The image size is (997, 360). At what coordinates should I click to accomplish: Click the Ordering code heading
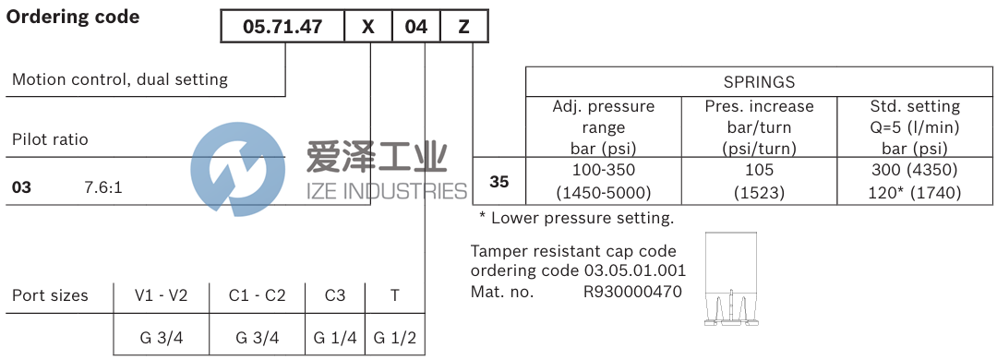tap(74, 17)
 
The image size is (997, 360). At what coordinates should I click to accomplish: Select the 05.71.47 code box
tap(282, 27)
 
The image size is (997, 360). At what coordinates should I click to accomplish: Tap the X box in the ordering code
tap(368, 27)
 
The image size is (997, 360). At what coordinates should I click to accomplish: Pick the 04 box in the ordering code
tap(416, 27)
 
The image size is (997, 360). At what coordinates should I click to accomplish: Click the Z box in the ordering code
tap(463, 27)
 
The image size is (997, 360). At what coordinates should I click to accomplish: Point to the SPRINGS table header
tap(760, 82)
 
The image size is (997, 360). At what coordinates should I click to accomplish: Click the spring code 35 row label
tap(498, 182)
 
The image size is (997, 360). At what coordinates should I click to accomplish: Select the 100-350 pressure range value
tap(604, 170)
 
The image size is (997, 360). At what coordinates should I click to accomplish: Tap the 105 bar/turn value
tap(759, 170)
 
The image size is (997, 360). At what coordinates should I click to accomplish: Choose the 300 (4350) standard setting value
tap(915, 170)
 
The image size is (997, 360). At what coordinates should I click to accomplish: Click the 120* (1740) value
tap(915, 193)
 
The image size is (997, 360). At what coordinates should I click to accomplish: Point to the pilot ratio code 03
tap(21, 187)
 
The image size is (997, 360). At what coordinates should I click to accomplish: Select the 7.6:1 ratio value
tap(103, 187)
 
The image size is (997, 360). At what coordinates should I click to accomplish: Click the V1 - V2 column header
tap(162, 296)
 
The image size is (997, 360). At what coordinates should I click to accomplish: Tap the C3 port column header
tap(335, 296)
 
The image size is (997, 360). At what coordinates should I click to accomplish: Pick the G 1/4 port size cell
tap(335, 338)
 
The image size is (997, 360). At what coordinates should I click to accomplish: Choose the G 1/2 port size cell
tap(395, 338)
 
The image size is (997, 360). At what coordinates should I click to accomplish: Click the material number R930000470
tap(632, 292)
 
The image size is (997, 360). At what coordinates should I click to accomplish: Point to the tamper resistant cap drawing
tap(730, 281)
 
